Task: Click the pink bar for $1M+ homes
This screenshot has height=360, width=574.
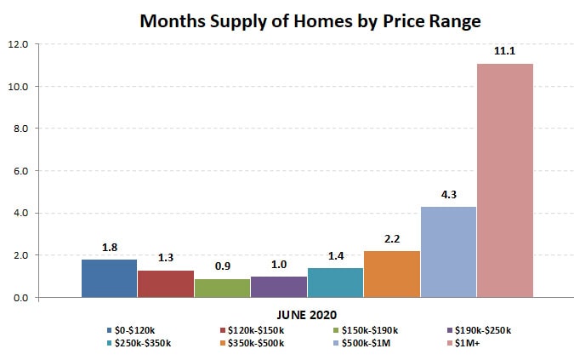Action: [504, 180]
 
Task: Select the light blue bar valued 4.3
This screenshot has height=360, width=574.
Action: [448, 252]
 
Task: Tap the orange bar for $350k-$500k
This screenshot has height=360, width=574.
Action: [391, 274]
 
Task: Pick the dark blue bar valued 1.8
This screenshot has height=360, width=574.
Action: [109, 278]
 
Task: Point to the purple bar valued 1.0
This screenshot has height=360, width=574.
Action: [278, 287]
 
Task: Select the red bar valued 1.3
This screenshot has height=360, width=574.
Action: [165, 283]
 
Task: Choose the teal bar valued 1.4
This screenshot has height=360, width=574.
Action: [335, 283]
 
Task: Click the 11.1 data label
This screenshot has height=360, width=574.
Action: [504, 51]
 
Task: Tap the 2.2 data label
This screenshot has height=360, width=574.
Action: [391, 239]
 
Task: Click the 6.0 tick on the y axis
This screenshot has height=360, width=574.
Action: [20, 171]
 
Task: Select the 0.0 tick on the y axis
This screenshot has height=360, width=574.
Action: [20, 298]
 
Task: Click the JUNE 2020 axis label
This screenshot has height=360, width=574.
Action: [306, 312]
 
